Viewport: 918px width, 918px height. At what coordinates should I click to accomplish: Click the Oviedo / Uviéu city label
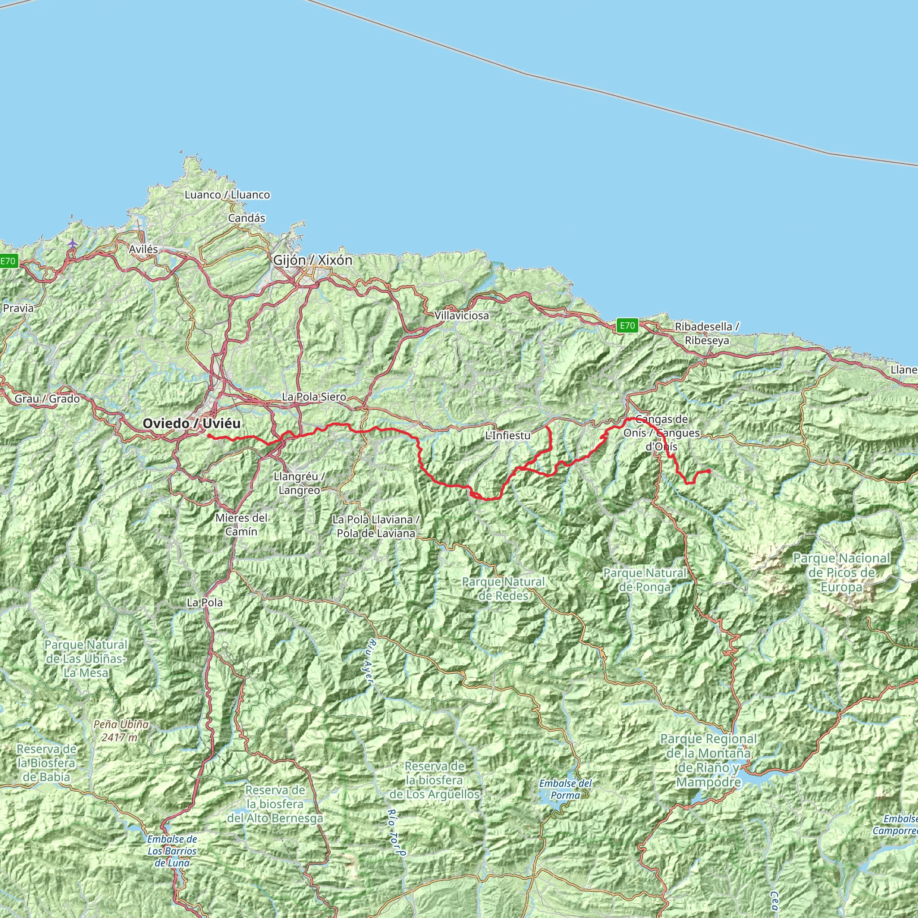pos(191,423)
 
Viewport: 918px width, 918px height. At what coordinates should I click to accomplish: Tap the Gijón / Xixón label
pos(313,260)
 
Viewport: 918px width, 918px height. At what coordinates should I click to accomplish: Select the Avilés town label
pos(143,249)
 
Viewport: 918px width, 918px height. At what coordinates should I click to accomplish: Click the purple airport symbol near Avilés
pos(72,243)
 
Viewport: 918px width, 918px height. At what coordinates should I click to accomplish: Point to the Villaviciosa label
pos(461,316)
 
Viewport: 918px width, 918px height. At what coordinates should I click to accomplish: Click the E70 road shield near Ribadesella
pos(627,325)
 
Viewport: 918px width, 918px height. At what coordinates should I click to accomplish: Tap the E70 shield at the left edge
pos(8,261)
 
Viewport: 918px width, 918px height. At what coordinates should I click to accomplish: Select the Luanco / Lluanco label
pos(227,195)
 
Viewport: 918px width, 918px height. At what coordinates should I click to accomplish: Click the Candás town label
pos(247,218)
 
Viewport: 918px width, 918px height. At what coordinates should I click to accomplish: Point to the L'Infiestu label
pos(508,435)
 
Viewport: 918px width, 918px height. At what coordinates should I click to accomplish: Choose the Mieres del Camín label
pos(242,524)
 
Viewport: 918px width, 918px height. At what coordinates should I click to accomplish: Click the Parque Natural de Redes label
pos(504,588)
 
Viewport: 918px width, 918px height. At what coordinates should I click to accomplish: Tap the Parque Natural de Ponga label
pos(645,580)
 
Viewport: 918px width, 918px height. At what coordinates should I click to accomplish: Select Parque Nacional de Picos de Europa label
pos(841,572)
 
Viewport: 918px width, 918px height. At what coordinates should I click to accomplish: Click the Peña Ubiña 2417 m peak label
pos(121,731)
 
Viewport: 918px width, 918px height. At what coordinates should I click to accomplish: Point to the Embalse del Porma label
pos(565,789)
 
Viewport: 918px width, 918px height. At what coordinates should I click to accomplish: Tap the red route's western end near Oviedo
pos(208,435)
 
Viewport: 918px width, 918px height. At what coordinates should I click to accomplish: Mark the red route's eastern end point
pos(709,471)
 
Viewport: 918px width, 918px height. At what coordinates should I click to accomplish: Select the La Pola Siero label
pos(314,397)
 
